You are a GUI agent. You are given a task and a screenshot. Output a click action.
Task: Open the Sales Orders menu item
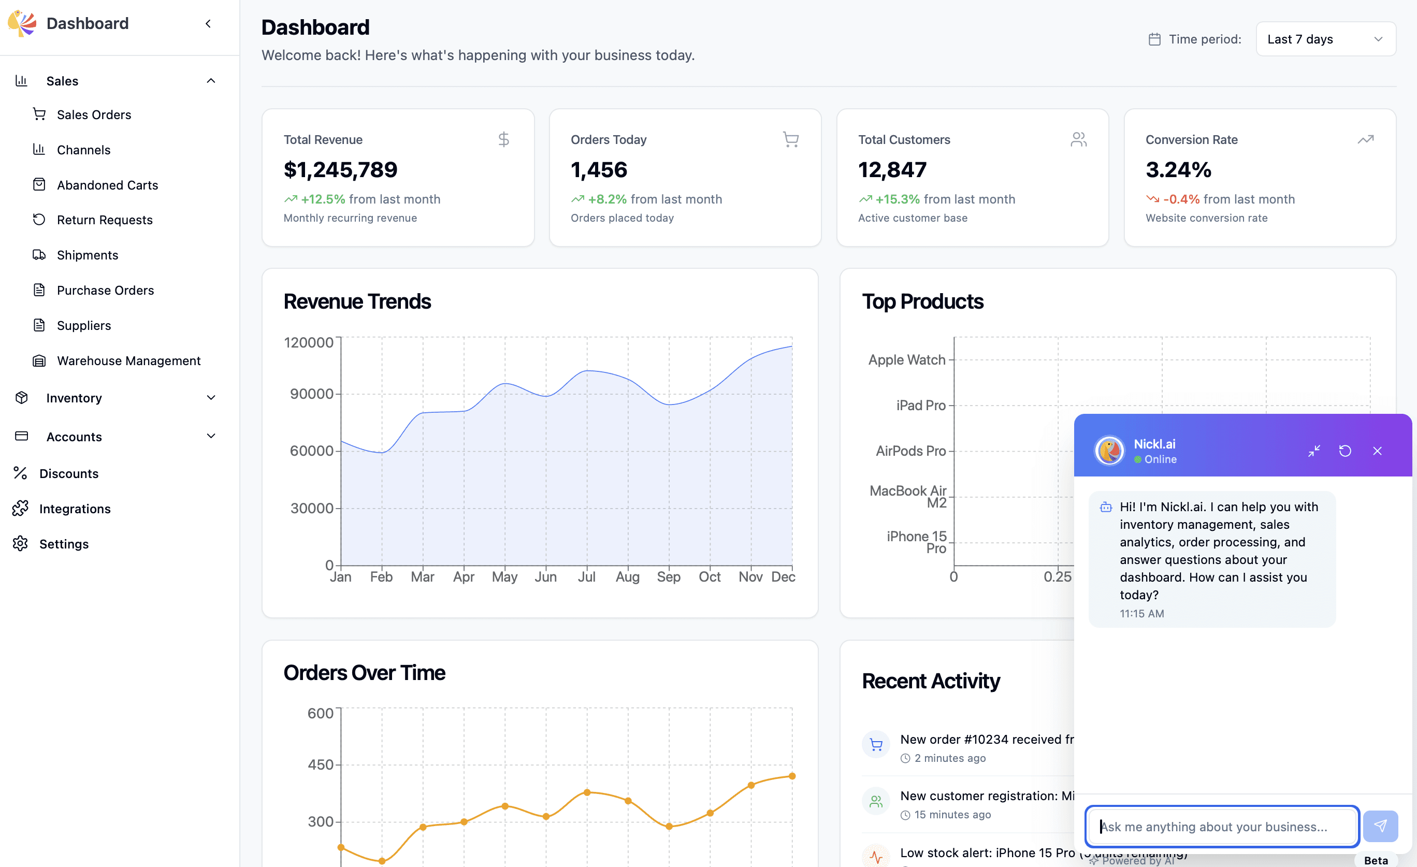[x=94, y=114]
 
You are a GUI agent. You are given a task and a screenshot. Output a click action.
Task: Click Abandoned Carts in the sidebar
[x=107, y=184]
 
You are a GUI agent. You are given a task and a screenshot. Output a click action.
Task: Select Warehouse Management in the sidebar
[x=128, y=360]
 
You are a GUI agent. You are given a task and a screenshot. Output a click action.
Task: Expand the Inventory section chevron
[x=211, y=397]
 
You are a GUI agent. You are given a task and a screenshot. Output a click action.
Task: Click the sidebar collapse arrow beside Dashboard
[x=208, y=24]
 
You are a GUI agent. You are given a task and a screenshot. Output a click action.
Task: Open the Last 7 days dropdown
[x=1325, y=39]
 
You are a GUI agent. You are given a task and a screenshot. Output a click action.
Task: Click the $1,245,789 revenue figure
[x=340, y=169]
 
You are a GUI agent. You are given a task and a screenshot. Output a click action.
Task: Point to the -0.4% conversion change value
[x=1181, y=199]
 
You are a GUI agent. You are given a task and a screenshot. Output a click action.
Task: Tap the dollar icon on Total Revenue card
[x=503, y=139]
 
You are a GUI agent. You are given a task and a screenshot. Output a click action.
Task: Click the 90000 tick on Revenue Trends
[x=311, y=394]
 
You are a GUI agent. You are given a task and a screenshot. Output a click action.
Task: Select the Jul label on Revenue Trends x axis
[x=587, y=576]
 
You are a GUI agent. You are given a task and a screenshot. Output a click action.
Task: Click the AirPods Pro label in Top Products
[x=910, y=451]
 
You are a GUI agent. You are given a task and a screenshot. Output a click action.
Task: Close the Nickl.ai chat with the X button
[x=1377, y=451]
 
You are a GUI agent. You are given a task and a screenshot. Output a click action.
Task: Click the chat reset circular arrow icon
[x=1345, y=451]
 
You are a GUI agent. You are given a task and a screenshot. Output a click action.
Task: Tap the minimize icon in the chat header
[x=1314, y=451]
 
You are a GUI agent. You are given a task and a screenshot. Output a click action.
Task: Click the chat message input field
[x=1222, y=826]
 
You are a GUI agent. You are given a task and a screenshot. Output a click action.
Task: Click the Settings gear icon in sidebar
[x=21, y=543]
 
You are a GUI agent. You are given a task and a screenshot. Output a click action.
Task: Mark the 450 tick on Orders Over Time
[x=320, y=764]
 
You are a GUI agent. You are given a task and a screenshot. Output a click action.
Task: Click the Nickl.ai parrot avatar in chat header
[x=1109, y=451]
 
